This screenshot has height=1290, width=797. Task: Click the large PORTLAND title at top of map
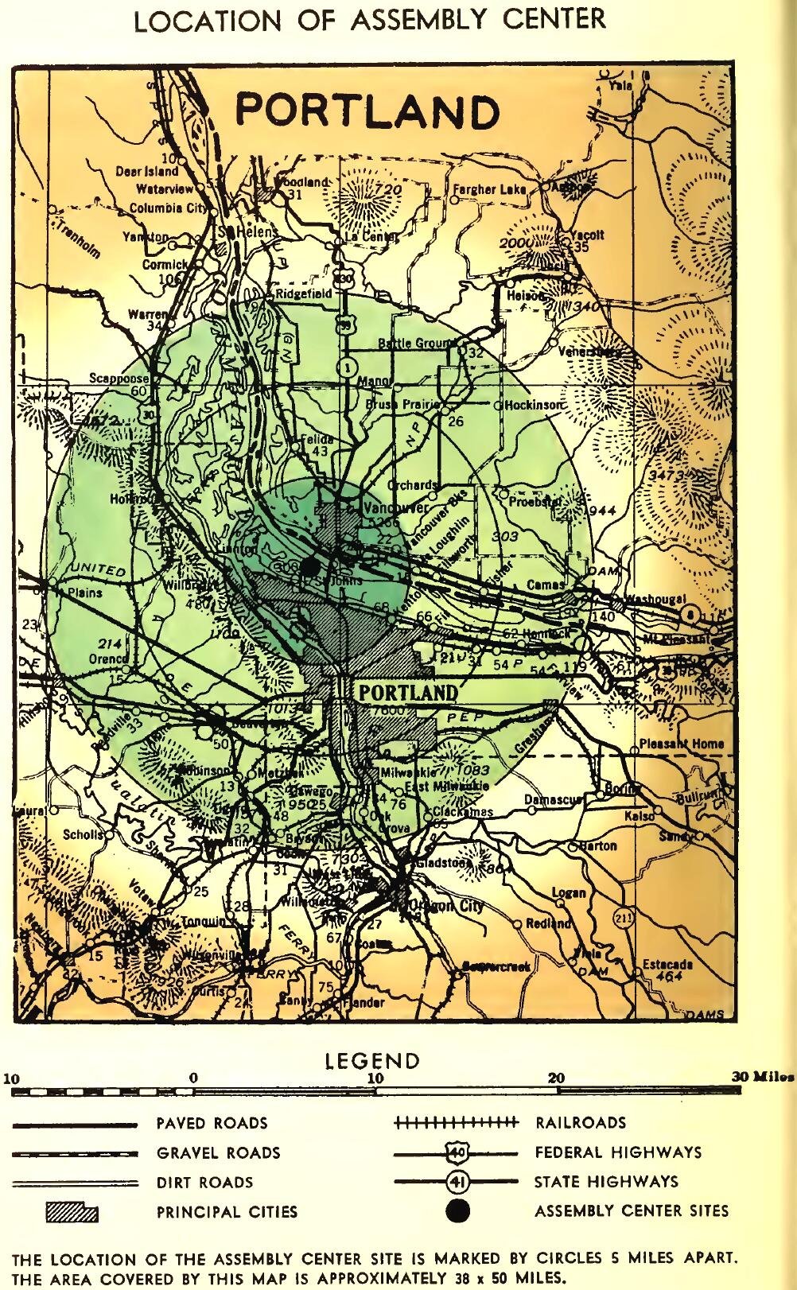click(367, 112)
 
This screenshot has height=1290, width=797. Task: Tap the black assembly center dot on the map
click(311, 566)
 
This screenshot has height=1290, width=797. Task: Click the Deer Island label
click(147, 171)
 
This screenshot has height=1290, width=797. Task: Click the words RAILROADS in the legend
click(581, 1123)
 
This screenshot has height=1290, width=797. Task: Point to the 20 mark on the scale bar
click(557, 1078)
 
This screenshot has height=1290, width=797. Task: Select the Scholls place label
click(84, 835)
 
